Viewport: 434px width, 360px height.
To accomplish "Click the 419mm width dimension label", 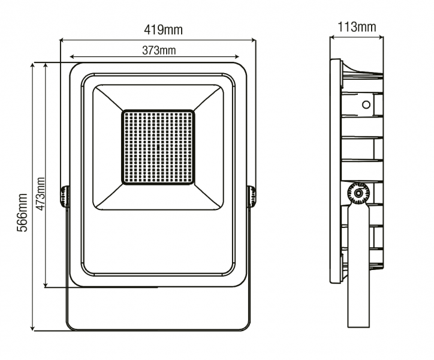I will (163, 29).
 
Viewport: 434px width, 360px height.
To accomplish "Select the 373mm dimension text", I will (159, 50).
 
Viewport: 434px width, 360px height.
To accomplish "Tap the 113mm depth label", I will (357, 27).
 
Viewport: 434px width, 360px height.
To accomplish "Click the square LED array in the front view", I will (158, 147).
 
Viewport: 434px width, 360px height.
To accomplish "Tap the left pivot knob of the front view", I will (64, 196).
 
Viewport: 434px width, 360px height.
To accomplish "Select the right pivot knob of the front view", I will (252, 196).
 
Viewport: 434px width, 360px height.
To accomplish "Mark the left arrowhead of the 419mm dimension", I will (62, 41).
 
